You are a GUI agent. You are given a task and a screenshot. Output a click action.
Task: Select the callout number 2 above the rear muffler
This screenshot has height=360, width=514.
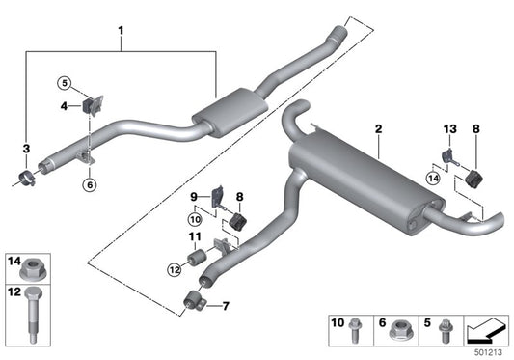(x=379, y=128)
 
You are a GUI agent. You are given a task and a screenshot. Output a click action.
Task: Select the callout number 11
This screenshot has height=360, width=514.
(x=193, y=236)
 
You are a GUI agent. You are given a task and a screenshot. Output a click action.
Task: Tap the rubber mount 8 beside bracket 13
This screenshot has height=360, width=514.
(x=473, y=179)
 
